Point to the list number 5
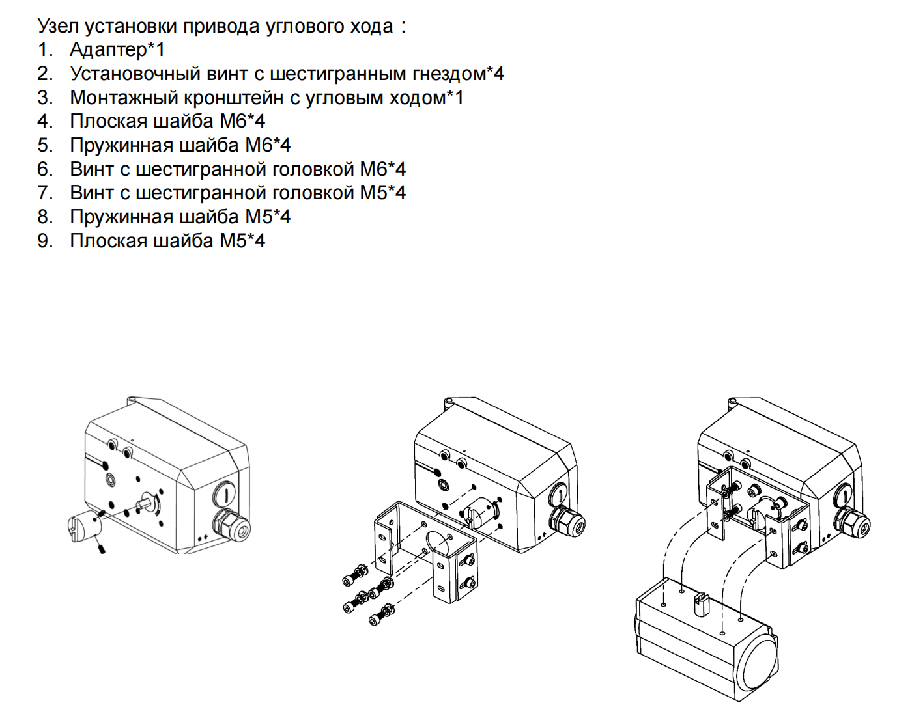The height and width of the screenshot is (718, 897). pyautogui.click(x=44, y=145)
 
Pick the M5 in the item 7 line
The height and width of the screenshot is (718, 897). pyautogui.click(x=374, y=193)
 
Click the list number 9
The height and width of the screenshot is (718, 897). pyautogui.click(x=44, y=241)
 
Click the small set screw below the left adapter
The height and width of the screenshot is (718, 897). pyautogui.click(x=103, y=549)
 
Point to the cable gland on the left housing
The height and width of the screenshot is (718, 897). pyautogui.click(x=232, y=524)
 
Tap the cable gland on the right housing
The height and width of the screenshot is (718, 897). pyautogui.click(x=853, y=521)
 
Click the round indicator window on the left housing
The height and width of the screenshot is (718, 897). pyautogui.click(x=223, y=493)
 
